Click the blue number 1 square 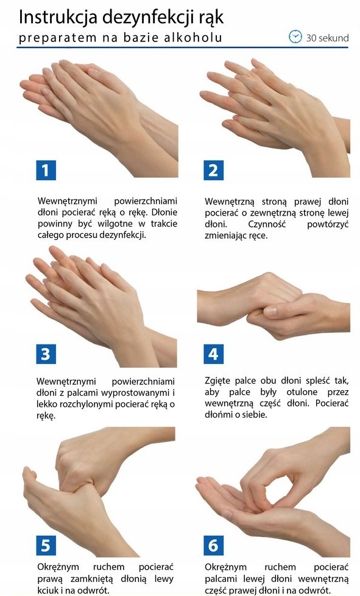(x=46, y=170)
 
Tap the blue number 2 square (x=213, y=170)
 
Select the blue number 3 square (x=46, y=354)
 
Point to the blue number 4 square (x=213, y=354)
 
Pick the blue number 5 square (x=46, y=545)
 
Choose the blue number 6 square (x=213, y=545)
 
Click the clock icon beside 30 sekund (x=295, y=37)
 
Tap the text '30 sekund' (x=327, y=38)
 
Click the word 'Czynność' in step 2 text (x=267, y=224)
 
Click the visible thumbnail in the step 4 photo (x=270, y=311)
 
